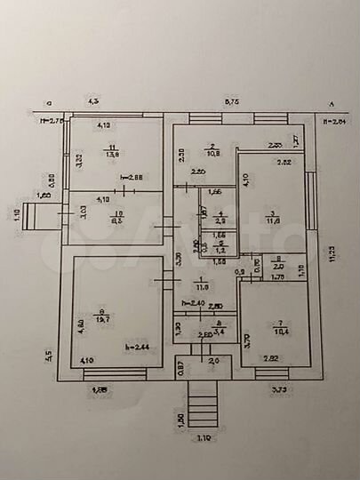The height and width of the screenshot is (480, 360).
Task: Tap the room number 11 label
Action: [112, 146]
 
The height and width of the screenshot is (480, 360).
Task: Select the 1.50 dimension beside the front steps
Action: [183, 420]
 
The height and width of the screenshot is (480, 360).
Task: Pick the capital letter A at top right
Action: [332, 102]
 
